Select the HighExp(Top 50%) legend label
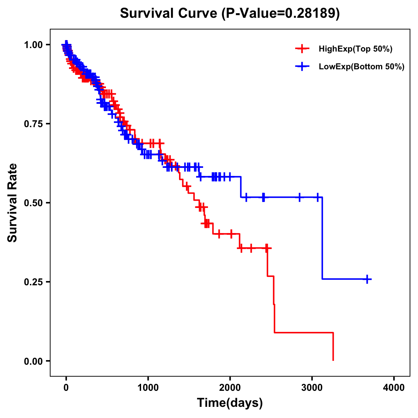tap(355, 49)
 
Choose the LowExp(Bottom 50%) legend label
tap(362, 67)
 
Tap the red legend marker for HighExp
tap(302, 49)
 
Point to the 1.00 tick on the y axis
tap(33, 45)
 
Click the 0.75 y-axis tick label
tap(33, 124)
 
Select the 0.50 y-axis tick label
tap(33, 203)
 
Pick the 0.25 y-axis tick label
tap(33, 282)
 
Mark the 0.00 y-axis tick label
tap(33, 361)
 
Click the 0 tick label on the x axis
tap(66, 388)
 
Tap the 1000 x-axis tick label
tap(148, 388)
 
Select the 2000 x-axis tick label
tap(230, 388)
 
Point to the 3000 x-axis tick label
tap(312, 388)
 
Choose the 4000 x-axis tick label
tap(394, 388)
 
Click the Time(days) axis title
tap(230, 403)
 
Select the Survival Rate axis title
tap(13, 203)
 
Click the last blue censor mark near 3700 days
tap(367, 279)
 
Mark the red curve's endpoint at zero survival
tap(333, 360)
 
